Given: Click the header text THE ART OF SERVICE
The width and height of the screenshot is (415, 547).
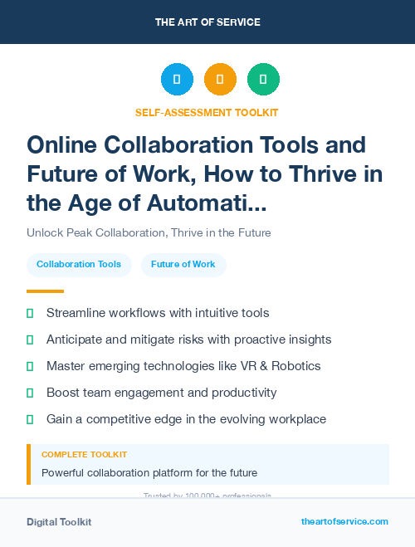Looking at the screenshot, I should (207, 22).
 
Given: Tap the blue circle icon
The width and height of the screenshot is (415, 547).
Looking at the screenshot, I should (177, 80).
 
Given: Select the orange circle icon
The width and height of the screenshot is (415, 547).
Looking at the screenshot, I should (220, 80).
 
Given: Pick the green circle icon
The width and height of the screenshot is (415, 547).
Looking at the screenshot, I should (263, 80).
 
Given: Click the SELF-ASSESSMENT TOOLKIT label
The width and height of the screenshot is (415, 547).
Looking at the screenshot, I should (207, 112).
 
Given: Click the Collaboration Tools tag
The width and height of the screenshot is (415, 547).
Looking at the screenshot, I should (79, 264).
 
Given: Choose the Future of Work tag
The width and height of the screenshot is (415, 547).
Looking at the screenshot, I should (183, 264).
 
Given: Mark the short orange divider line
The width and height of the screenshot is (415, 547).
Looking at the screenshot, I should (45, 291).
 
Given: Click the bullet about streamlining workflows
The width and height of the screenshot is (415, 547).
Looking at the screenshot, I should (158, 313).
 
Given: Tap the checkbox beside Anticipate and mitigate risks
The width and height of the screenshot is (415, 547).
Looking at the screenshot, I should (30, 339).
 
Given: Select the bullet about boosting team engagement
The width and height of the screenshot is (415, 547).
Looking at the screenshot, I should (161, 393).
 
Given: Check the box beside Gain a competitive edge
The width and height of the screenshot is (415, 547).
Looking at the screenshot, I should (30, 419).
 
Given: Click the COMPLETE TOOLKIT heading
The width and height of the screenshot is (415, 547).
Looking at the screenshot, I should (84, 455).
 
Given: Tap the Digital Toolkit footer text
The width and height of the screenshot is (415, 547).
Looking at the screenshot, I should (59, 522).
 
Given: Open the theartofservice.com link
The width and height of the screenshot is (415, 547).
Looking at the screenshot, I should (344, 521).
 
